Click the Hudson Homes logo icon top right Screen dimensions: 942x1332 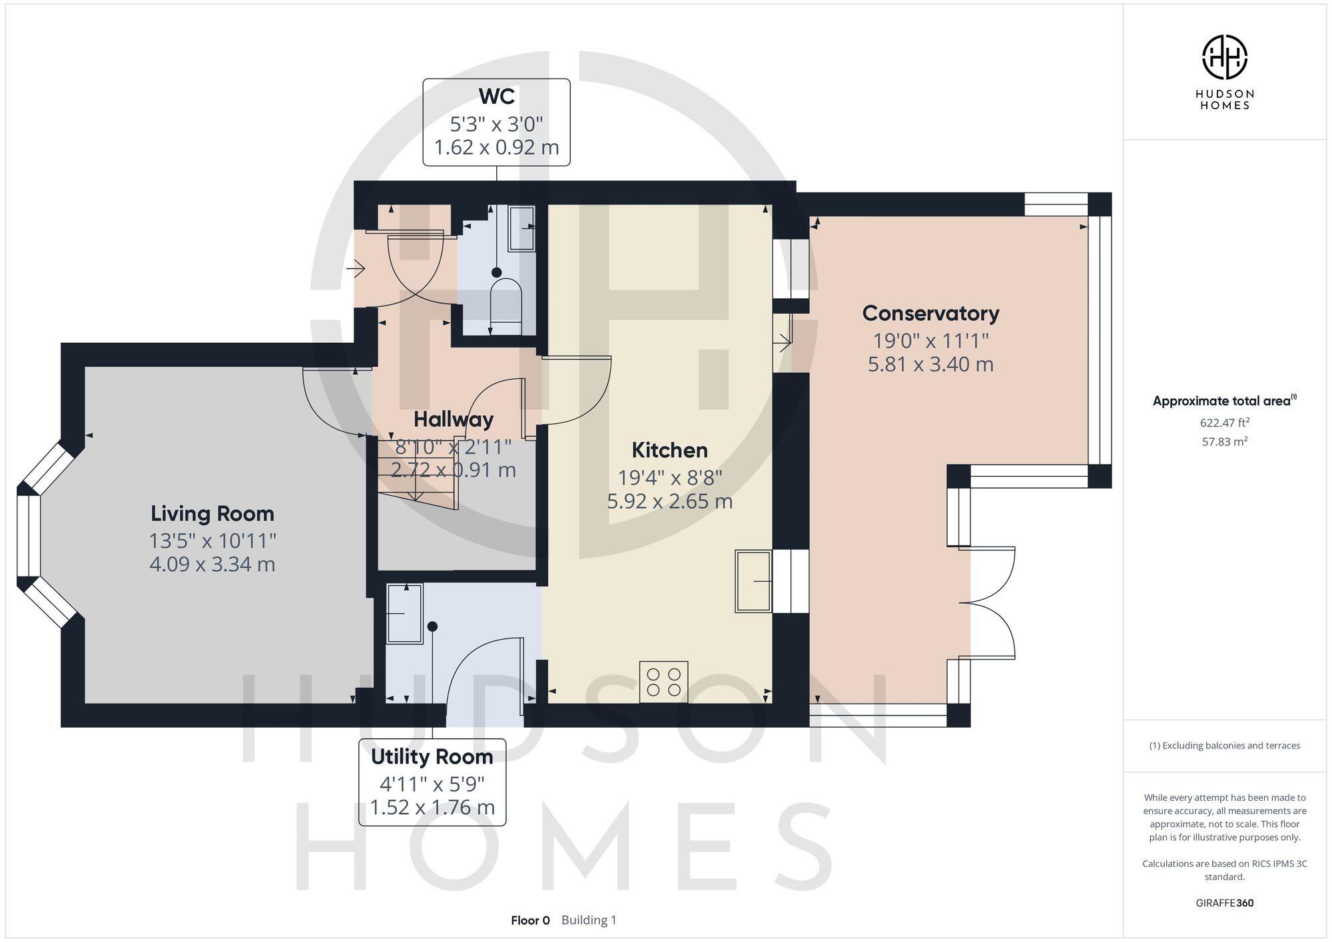(x=1224, y=57)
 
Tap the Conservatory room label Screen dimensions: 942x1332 (x=930, y=313)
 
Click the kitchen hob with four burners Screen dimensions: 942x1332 (x=663, y=682)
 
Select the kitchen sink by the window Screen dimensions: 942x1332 (x=753, y=581)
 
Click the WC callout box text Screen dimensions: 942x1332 (x=496, y=122)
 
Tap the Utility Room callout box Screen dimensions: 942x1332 (x=432, y=782)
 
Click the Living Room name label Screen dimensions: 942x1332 (x=212, y=513)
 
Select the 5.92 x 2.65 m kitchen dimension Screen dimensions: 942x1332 (x=669, y=501)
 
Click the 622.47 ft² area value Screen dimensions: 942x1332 (x=1224, y=422)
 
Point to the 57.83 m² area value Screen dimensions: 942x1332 (x=1224, y=441)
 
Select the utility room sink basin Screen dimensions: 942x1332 (x=404, y=613)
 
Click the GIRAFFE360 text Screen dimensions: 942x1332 (x=1224, y=903)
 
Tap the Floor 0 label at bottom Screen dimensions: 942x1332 (x=530, y=920)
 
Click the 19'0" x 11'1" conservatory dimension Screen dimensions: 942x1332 (x=930, y=341)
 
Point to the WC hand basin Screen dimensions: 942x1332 (x=521, y=228)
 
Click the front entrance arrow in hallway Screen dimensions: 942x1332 (x=356, y=269)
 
